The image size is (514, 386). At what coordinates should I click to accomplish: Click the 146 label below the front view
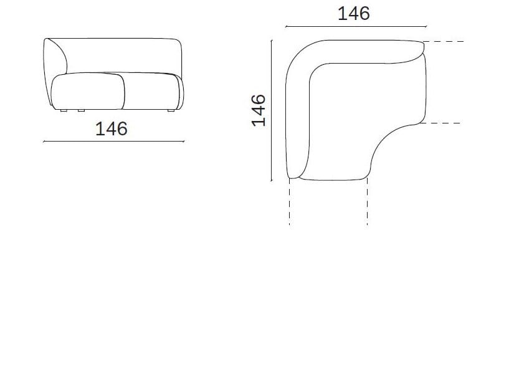click(112, 128)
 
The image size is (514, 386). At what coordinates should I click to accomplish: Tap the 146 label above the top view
click(353, 13)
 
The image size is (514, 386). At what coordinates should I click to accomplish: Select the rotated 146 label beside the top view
click(259, 110)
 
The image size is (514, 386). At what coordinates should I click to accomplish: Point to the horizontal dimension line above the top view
click(355, 27)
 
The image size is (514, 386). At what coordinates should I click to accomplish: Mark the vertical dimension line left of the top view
click(272, 110)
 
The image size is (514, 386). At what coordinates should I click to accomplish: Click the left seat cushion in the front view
click(88, 91)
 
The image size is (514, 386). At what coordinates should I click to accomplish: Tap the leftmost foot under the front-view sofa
click(65, 111)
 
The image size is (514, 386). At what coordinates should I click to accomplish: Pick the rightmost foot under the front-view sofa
click(171, 111)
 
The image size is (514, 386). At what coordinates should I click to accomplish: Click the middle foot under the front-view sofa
click(81, 111)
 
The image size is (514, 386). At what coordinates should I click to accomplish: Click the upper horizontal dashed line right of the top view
click(444, 41)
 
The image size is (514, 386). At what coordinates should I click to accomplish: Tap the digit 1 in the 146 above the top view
click(342, 13)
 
